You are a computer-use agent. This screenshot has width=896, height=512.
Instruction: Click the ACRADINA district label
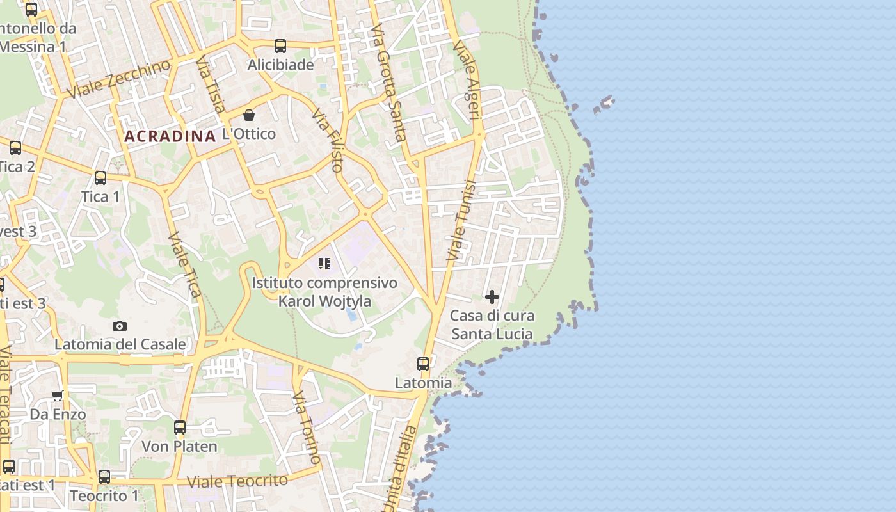tap(170, 136)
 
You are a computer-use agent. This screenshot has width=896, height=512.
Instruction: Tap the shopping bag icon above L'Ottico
tap(249, 115)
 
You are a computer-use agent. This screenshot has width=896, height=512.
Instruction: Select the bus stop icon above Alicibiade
tap(280, 46)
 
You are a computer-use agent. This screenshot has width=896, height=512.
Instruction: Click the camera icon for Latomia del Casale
tap(120, 326)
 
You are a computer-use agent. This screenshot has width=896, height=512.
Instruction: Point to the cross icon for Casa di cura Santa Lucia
tap(492, 297)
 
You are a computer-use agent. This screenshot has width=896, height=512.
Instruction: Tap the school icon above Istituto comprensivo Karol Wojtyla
tap(324, 264)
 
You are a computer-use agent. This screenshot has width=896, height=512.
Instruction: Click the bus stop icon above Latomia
tap(423, 364)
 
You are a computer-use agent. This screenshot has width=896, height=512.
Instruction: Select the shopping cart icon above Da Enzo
tap(58, 396)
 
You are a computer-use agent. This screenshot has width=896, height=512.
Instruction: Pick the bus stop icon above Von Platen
tap(180, 427)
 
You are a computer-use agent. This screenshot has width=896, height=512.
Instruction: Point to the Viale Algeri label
tap(466, 81)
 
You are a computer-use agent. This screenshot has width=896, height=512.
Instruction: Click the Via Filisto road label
tap(328, 140)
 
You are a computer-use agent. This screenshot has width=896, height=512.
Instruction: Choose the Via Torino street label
tap(307, 429)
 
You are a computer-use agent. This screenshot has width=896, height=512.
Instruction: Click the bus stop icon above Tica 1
tap(100, 178)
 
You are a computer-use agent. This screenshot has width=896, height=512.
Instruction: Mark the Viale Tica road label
tap(185, 264)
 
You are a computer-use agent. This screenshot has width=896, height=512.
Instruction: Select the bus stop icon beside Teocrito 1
tap(104, 477)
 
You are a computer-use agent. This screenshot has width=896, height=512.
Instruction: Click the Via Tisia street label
tap(211, 84)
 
